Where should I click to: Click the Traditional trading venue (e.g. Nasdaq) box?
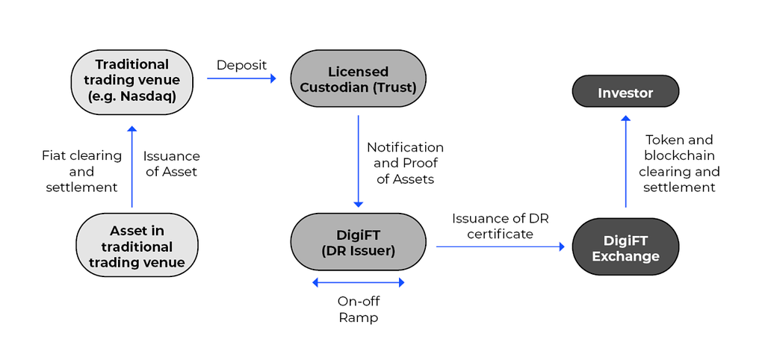point(132,81)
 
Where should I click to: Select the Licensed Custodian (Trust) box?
point(358,81)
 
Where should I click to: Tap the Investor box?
point(625,93)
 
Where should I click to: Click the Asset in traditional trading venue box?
point(137,246)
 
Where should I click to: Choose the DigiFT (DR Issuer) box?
point(358,242)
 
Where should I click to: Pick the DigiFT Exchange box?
point(625,248)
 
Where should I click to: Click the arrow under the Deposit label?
point(241,78)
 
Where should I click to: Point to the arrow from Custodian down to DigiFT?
point(358,161)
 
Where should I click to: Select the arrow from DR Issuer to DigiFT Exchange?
point(500,246)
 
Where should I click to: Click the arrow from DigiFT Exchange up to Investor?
point(625,161)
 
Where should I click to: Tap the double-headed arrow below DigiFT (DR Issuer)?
point(358,282)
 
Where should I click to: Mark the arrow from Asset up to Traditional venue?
point(132,167)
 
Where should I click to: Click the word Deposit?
point(241,65)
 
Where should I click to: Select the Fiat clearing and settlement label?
point(81,172)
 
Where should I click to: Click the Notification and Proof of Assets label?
point(405,163)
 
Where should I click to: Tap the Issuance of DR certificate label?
point(500,226)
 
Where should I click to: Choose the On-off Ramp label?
point(359,309)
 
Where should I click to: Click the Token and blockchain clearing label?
point(679,164)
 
